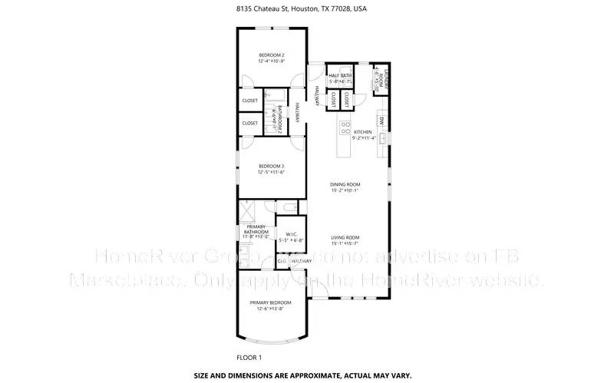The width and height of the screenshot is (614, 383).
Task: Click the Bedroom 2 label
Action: [x=271, y=55]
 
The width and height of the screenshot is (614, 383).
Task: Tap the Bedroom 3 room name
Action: [x=271, y=166]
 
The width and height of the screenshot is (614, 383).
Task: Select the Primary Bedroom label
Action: [x=271, y=302]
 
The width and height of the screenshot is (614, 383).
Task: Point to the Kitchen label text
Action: [x=362, y=133]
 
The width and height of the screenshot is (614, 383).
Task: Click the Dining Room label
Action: [x=345, y=184]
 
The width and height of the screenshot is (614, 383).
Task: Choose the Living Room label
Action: [x=345, y=237]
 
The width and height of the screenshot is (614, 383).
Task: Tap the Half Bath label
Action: [x=340, y=75]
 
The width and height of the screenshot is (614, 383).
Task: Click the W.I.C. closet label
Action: [x=292, y=233]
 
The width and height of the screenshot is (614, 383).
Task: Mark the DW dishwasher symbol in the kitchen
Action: [x=381, y=120]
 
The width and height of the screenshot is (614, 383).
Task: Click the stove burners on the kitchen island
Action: [x=345, y=127]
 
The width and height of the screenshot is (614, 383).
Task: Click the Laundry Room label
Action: [x=378, y=78]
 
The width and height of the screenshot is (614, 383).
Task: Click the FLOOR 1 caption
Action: [x=249, y=358]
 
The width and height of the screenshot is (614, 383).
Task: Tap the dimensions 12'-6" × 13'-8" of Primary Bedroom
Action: [x=271, y=309]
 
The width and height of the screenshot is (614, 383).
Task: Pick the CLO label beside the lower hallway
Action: [x=282, y=261]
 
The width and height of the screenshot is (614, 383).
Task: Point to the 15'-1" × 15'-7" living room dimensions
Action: [x=345, y=243]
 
